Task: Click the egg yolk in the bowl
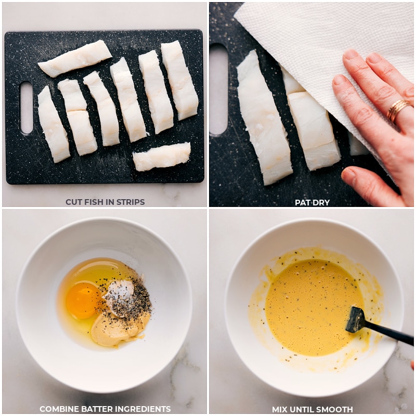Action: (x=83, y=301)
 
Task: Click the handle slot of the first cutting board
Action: (x=26, y=108)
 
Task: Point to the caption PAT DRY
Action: (x=312, y=202)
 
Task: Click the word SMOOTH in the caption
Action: (x=335, y=409)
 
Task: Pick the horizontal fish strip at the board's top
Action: (x=75, y=58)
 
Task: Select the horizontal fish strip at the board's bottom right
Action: (x=162, y=157)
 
